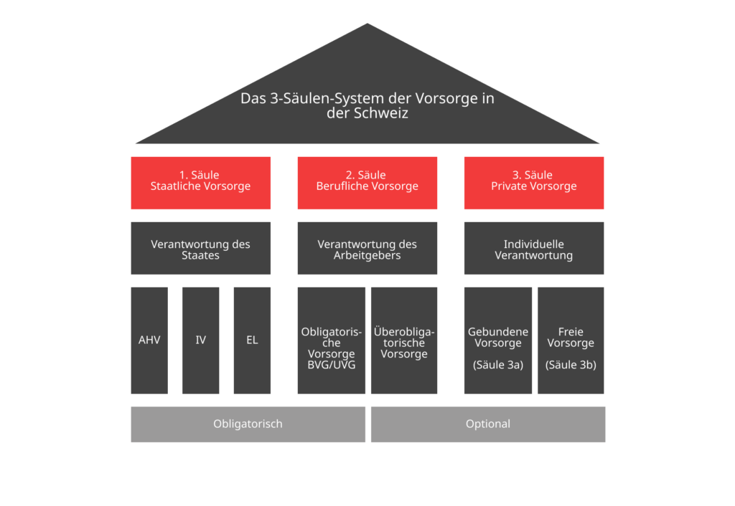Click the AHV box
pyautogui.click(x=149, y=340)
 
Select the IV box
pyautogui.click(x=201, y=340)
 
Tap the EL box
pyautogui.click(x=252, y=340)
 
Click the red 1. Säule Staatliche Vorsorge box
pyautogui.click(x=201, y=183)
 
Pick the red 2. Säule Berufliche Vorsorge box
pyautogui.click(x=367, y=183)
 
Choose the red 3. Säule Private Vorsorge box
pyautogui.click(x=534, y=183)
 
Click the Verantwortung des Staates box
pyautogui.click(x=201, y=248)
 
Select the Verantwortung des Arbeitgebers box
pyautogui.click(x=367, y=248)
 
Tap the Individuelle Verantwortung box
pyautogui.click(x=534, y=248)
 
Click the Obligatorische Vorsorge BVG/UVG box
pyautogui.click(x=332, y=340)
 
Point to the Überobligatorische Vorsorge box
pyautogui.click(x=404, y=340)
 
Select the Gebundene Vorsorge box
pyautogui.click(x=498, y=340)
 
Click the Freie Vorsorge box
pyautogui.click(x=571, y=340)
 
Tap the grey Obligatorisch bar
pyautogui.click(x=248, y=424)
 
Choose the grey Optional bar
pyautogui.click(x=488, y=424)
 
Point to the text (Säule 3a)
pyautogui.click(x=498, y=365)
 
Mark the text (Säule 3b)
pyautogui.click(x=571, y=365)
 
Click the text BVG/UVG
pyautogui.click(x=332, y=365)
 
